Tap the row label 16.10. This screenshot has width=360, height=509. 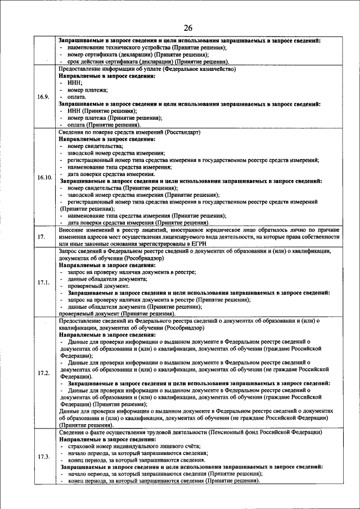(44, 177)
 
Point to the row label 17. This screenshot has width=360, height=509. (41, 237)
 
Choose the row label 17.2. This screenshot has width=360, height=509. (44, 373)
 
